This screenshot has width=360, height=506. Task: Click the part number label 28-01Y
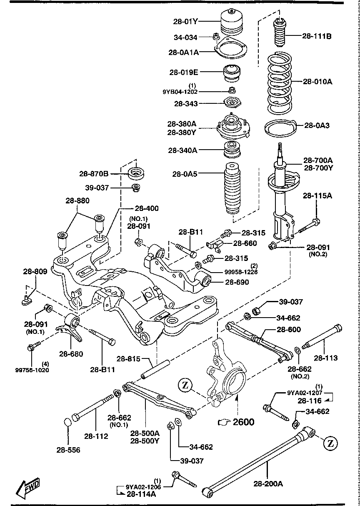tap(186, 21)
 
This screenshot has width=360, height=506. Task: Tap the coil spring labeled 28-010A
tap(282, 83)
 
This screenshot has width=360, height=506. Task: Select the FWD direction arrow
tap(28, 486)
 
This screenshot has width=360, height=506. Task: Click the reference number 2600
tap(243, 422)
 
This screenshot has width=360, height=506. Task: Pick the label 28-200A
tap(268, 483)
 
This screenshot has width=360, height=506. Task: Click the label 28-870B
tap(94, 173)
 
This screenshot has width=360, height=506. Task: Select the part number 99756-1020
tap(32, 369)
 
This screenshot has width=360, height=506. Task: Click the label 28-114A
tap(141, 494)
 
